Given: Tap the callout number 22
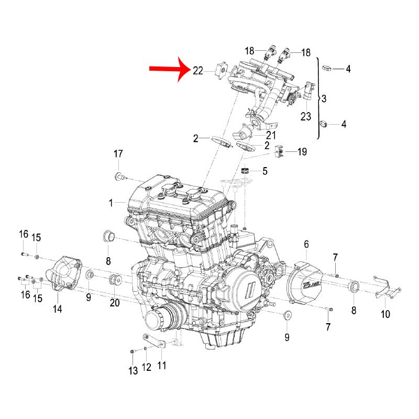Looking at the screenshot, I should (197, 71).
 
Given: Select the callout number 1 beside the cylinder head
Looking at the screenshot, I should (111, 202).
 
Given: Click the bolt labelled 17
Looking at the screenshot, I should (120, 175).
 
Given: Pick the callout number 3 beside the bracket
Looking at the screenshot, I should (324, 98).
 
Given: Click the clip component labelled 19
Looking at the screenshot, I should (280, 152).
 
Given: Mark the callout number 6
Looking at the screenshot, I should (306, 244).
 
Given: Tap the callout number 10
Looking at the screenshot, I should (385, 314).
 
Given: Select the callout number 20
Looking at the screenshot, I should (115, 303).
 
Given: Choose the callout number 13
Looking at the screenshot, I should (133, 371).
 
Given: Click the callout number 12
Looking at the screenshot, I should (147, 368).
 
